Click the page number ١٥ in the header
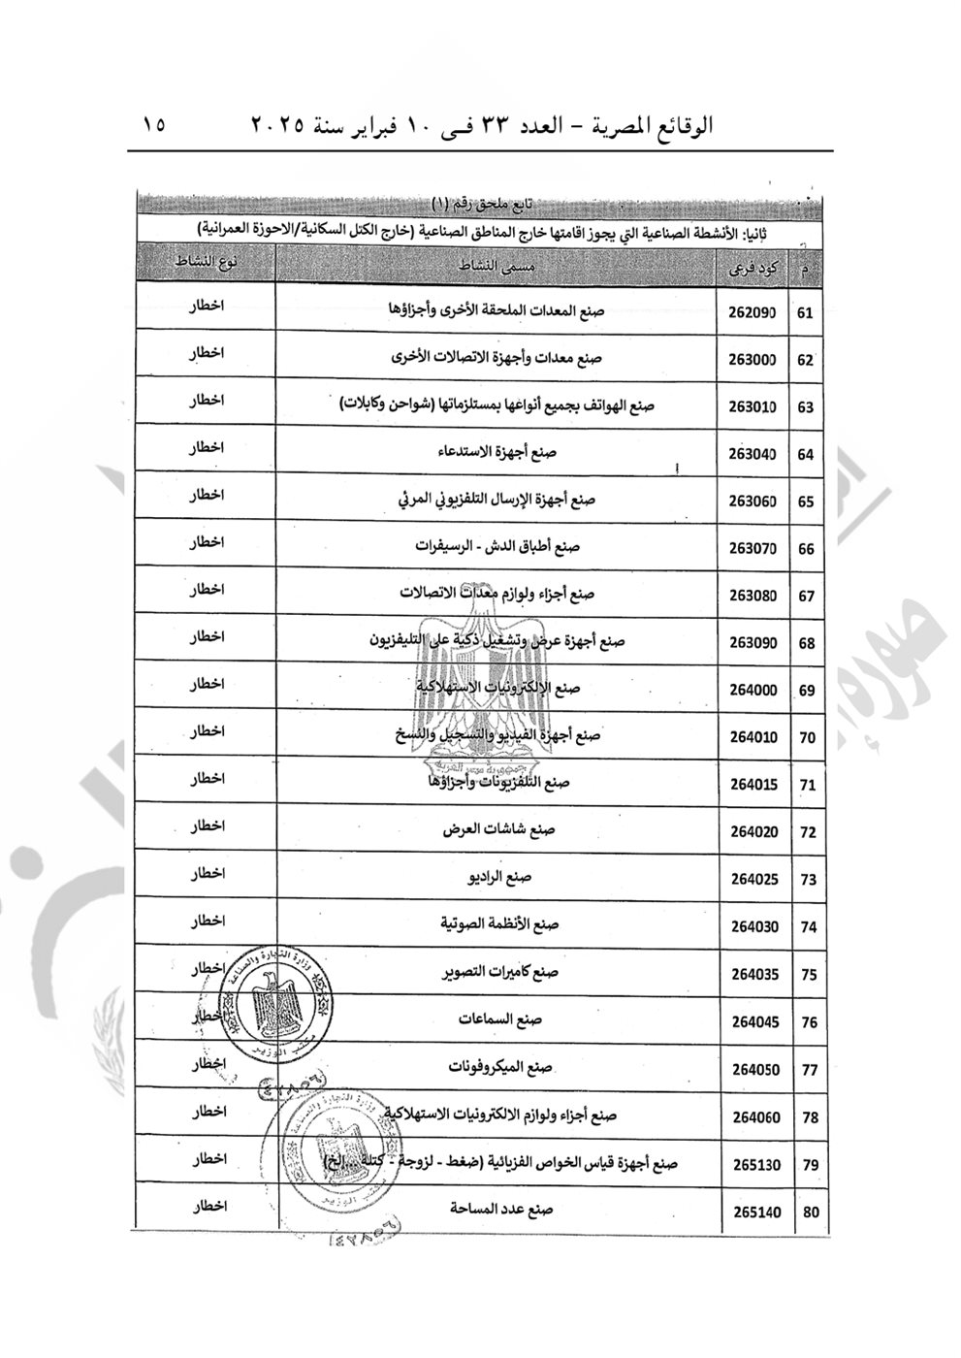coord(154,126)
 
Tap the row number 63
coord(805,407)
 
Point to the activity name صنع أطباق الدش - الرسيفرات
coord(496,547)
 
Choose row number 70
coord(805,738)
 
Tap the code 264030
coord(754,926)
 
